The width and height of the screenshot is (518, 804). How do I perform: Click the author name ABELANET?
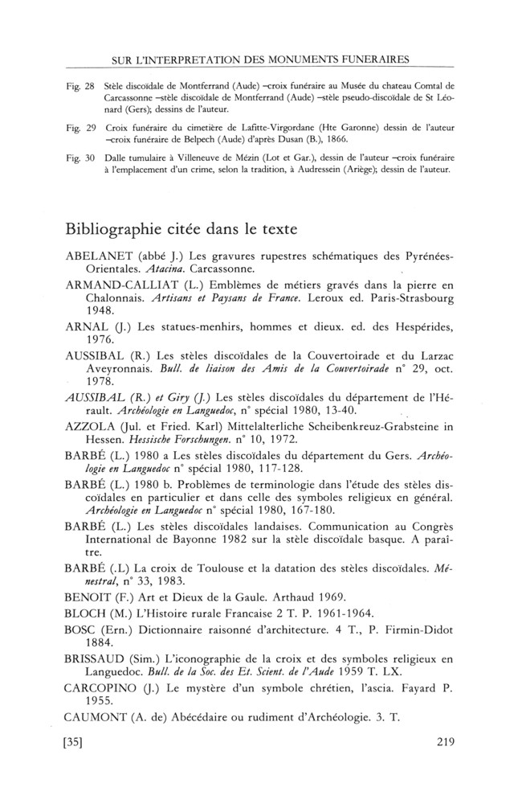[98, 256]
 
